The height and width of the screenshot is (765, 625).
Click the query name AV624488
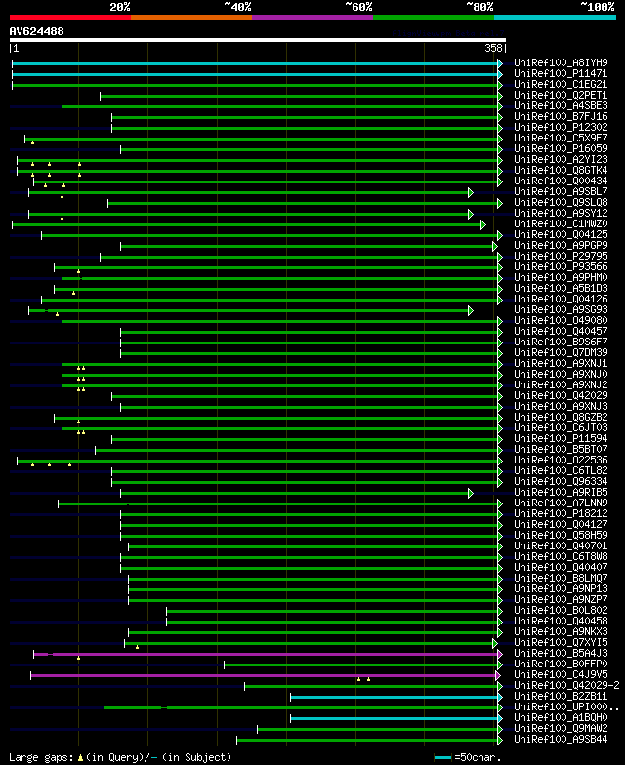tap(37, 31)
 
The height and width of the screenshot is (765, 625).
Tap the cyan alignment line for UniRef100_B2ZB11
tap(391, 697)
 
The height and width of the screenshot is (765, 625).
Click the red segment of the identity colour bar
tap(69, 17)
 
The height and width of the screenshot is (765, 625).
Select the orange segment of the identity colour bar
tap(190, 17)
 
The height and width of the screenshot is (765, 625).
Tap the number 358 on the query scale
tap(494, 47)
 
